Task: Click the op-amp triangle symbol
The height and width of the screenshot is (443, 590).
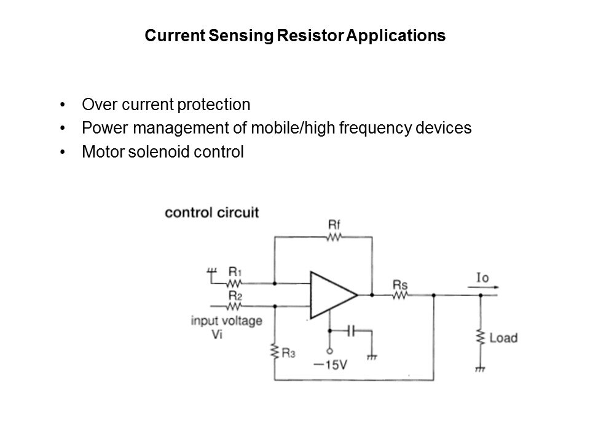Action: coord(332,295)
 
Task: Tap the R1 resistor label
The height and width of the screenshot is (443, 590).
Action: coord(234,271)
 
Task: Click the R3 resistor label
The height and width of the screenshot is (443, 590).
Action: coord(289,353)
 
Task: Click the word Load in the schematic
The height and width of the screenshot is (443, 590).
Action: coord(504,338)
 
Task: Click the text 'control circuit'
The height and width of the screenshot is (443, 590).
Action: coord(212,213)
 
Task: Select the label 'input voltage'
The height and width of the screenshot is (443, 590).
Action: coord(227,320)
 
